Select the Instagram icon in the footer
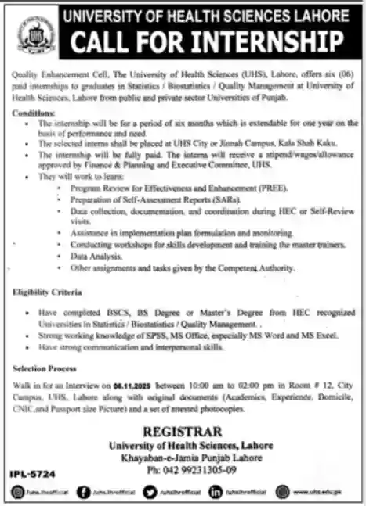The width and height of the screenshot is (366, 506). (18, 491)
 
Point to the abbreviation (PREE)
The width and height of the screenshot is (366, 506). (249, 188)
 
